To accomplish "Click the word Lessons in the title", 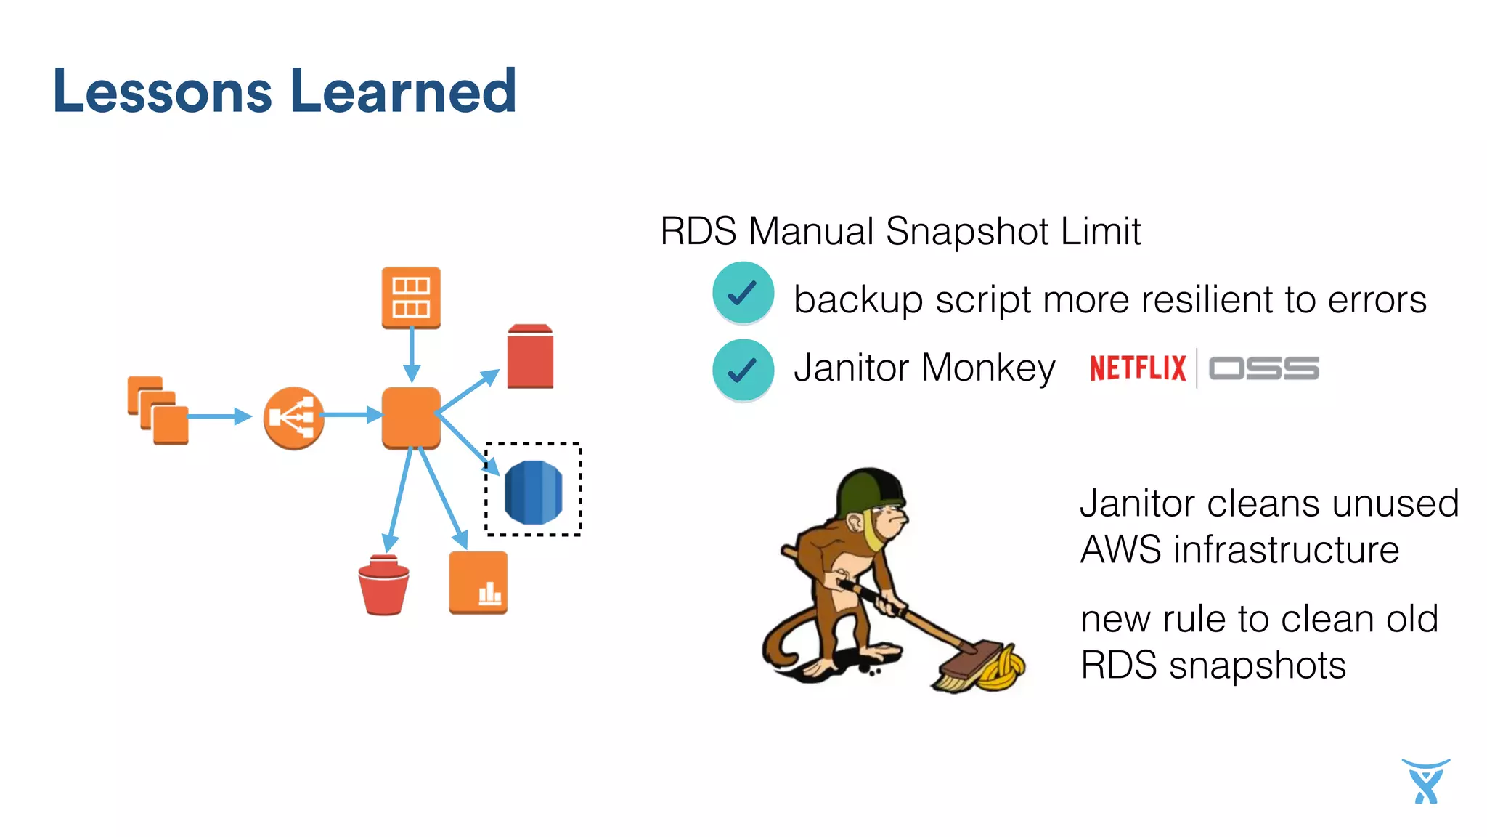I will pos(162,92).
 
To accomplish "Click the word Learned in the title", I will pos(403,92).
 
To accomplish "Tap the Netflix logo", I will pos(1137,368).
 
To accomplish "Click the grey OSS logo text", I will pos(1263,368).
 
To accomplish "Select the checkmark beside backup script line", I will pos(743,293).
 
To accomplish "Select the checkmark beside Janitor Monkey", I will pos(743,370).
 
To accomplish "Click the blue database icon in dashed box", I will pos(533,492).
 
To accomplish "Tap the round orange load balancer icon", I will pos(293,418).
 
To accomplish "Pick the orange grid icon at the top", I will pos(411,297).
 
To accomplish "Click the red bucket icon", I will pos(383,586).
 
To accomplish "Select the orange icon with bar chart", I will pos(478,583).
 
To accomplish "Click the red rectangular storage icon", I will pos(530,356).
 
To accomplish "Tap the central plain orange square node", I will pos(411,417).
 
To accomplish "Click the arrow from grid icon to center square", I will pos(412,355).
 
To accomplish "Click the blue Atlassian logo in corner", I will pos(1425,781).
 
